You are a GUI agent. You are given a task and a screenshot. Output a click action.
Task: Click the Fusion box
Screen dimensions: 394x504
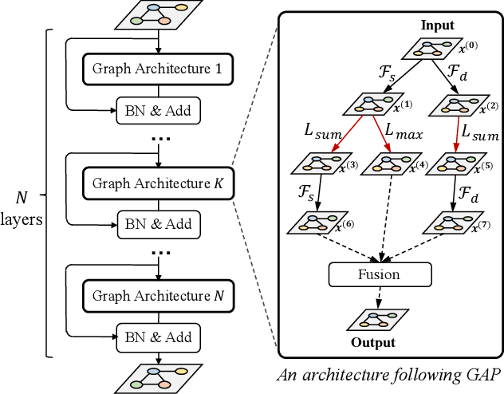pyautogui.click(x=380, y=274)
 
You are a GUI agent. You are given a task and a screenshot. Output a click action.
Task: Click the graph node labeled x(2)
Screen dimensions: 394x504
pyautogui.click(x=452, y=103)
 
